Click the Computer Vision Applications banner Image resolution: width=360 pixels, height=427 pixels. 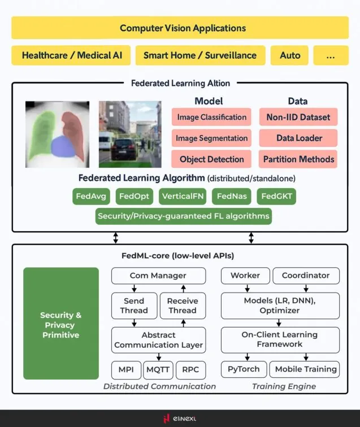click(x=180, y=28)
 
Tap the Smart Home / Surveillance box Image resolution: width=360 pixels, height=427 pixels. click(x=199, y=55)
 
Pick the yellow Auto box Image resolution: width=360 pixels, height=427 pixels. click(x=290, y=55)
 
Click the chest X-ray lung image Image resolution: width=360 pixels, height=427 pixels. click(x=57, y=134)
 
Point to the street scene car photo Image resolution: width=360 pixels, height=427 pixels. click(x=130, y=134)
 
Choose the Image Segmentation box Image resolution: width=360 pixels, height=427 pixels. click(x=211, y=138)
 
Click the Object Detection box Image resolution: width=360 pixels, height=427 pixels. click(x=211, y=159)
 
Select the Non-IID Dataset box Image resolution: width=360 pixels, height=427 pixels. click(x=298, y=117)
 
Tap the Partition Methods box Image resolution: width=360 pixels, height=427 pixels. click(x=298, y=159)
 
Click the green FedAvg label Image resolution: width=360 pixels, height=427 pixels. click(x=91, y=197)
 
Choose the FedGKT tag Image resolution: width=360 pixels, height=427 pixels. click(x=276, y=197)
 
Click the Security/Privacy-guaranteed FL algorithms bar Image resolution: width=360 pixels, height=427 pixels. click(x=184, y=216)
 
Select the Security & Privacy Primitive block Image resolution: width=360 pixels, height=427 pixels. click(x=61, y=324)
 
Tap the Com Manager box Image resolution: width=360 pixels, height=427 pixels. click(x=158, y=276)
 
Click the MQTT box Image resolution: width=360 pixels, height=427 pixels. click(x=158, y=370)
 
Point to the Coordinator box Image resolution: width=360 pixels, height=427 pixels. click(x=306, y=276)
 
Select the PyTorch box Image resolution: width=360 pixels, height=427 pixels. click(x=244, y=369)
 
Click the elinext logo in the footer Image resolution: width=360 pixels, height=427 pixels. click(x=180, y=419)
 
